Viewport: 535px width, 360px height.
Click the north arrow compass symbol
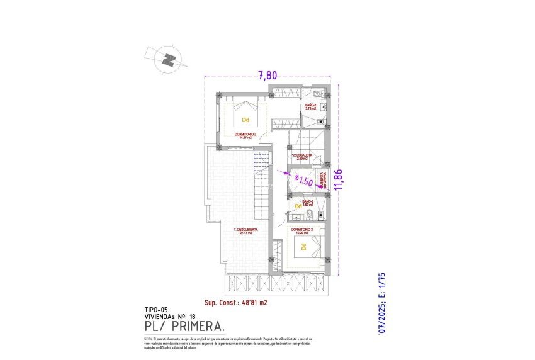167,60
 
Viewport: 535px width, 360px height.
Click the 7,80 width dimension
267,75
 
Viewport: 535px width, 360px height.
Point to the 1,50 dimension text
304,181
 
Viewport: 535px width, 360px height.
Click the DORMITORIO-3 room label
302,230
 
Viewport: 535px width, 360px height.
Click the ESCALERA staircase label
300,157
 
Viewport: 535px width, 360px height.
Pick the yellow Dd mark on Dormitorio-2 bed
245,118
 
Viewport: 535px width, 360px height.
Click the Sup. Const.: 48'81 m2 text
236,302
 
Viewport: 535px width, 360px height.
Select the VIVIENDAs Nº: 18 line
171,317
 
